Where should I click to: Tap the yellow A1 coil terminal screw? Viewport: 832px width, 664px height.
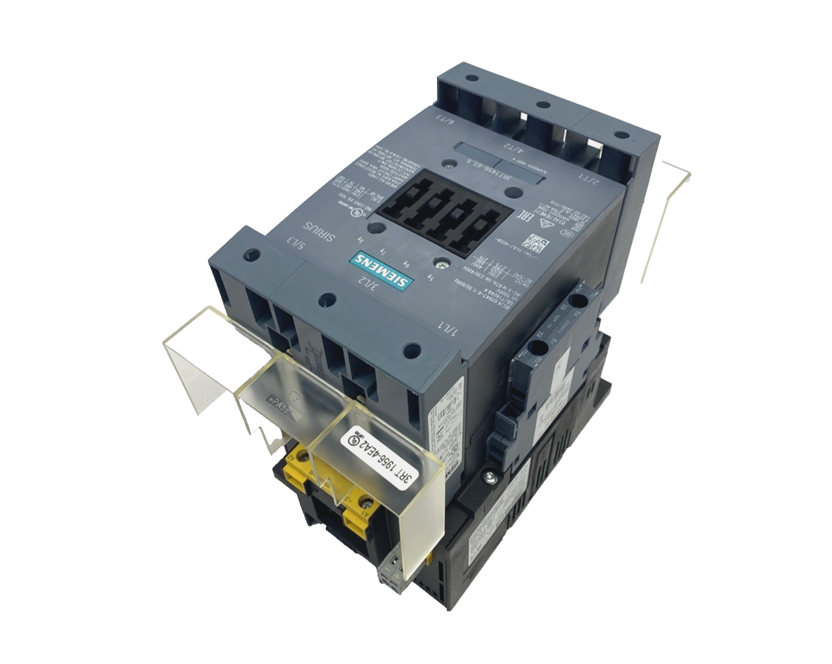point(364,500)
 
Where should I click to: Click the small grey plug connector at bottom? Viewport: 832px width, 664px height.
point(390,567)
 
